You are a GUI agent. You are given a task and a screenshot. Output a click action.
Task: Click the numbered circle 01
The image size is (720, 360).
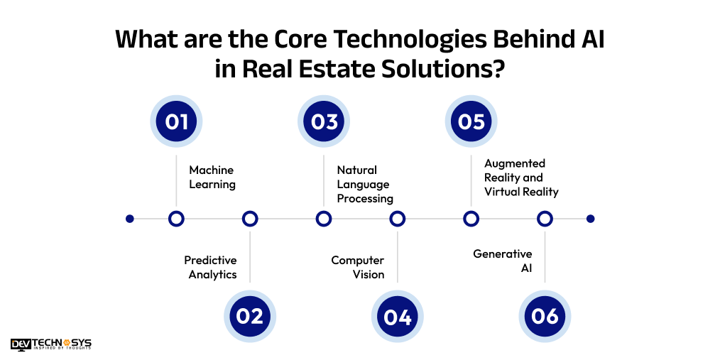coord(176,121)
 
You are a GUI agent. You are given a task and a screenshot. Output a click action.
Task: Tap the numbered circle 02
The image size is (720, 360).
coord(250,316)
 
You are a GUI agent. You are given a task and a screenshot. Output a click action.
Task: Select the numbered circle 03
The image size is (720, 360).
coord(324,121)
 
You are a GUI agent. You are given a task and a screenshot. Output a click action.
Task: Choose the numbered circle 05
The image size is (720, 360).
coord(471,121)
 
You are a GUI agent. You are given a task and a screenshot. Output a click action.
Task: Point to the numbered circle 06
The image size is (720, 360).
coord(545,316)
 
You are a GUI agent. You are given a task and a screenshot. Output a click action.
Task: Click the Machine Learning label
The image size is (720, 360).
coord(212,178)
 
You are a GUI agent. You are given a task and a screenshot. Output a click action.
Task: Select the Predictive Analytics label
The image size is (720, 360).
coord(211,268)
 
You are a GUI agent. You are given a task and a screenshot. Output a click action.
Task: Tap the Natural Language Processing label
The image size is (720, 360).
coord(365,185)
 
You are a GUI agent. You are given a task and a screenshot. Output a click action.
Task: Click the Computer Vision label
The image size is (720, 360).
coord(358,268)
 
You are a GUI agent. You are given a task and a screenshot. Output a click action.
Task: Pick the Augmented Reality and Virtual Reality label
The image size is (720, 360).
coord(521,178)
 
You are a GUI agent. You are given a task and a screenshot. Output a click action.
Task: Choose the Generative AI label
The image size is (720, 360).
coord(503,261)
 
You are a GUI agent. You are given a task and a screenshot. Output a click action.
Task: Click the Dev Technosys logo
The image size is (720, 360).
coord(51,344)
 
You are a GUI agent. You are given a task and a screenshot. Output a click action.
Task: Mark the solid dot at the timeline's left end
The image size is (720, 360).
coord(129,219)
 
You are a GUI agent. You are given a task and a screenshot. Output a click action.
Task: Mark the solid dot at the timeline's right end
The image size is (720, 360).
coord(590,219)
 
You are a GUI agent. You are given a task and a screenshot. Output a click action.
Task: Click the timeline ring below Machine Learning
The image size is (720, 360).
coord(176,219)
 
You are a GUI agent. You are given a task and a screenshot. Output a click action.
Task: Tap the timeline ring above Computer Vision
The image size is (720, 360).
coord(398,219)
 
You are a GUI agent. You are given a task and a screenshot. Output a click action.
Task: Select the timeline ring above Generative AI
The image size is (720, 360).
coord(545,219)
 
